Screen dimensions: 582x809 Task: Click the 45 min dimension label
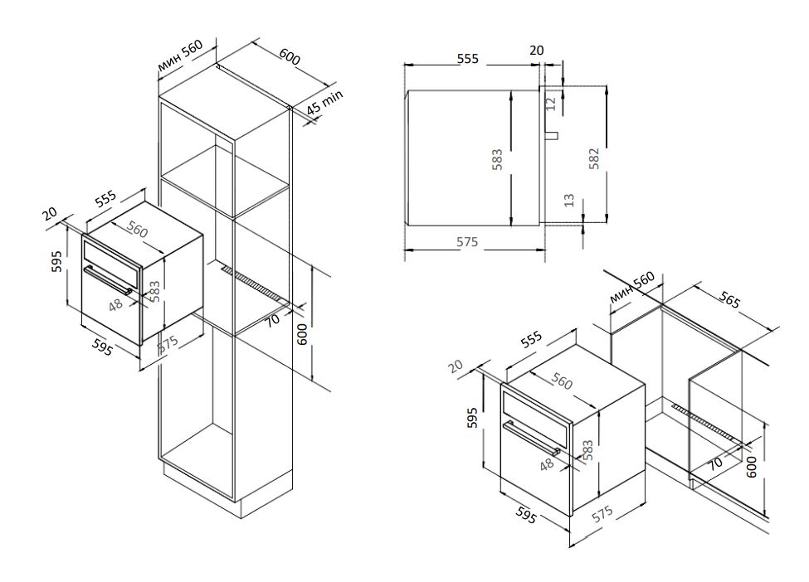tap(324, 104)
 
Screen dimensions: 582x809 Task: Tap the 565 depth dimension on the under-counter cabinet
tap(728, 301)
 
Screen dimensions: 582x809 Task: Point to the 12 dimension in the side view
tap(552, 104)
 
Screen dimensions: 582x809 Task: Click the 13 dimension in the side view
tap(568, 201)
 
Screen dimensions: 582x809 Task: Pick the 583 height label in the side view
tap(497, 158)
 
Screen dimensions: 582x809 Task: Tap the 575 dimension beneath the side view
tap(467, 242)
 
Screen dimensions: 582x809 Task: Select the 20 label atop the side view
tap(537, 51)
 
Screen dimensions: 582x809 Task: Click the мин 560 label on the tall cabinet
tap(179, 56)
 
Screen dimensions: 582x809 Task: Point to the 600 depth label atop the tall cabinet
tap(289, 57)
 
